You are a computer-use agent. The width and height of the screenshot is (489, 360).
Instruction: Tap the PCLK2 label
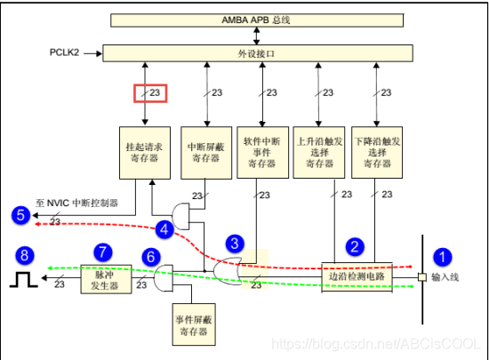(64, 52)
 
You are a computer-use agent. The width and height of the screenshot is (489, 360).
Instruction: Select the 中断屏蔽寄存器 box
(204, 154)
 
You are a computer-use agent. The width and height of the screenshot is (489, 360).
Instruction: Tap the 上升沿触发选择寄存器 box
(317, 154)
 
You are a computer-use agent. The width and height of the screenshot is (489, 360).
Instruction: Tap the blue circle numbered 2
(353, 245)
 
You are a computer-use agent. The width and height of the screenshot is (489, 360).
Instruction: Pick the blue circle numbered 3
(234, 242)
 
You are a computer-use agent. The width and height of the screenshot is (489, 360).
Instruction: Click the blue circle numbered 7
(104, 251)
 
